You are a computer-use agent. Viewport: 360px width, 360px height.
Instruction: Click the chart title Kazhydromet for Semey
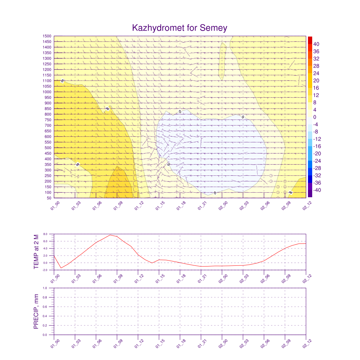point(180,28)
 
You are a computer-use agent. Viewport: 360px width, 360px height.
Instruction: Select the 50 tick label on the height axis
point(49,198)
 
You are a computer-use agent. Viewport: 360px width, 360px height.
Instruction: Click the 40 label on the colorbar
point(316,44)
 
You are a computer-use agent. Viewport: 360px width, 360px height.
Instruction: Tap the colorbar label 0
point(315,117)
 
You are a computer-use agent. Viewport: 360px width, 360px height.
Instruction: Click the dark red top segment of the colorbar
point(310,40)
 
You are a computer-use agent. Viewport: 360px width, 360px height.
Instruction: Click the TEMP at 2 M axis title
point(36,252)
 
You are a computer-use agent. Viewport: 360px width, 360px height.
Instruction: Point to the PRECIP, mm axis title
point(36,311)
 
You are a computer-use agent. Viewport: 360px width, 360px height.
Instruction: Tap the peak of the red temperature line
point(110,235)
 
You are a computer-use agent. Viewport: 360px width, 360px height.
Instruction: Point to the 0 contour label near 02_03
point(243,117)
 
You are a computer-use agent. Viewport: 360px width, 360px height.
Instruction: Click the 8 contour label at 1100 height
point(63,81)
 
